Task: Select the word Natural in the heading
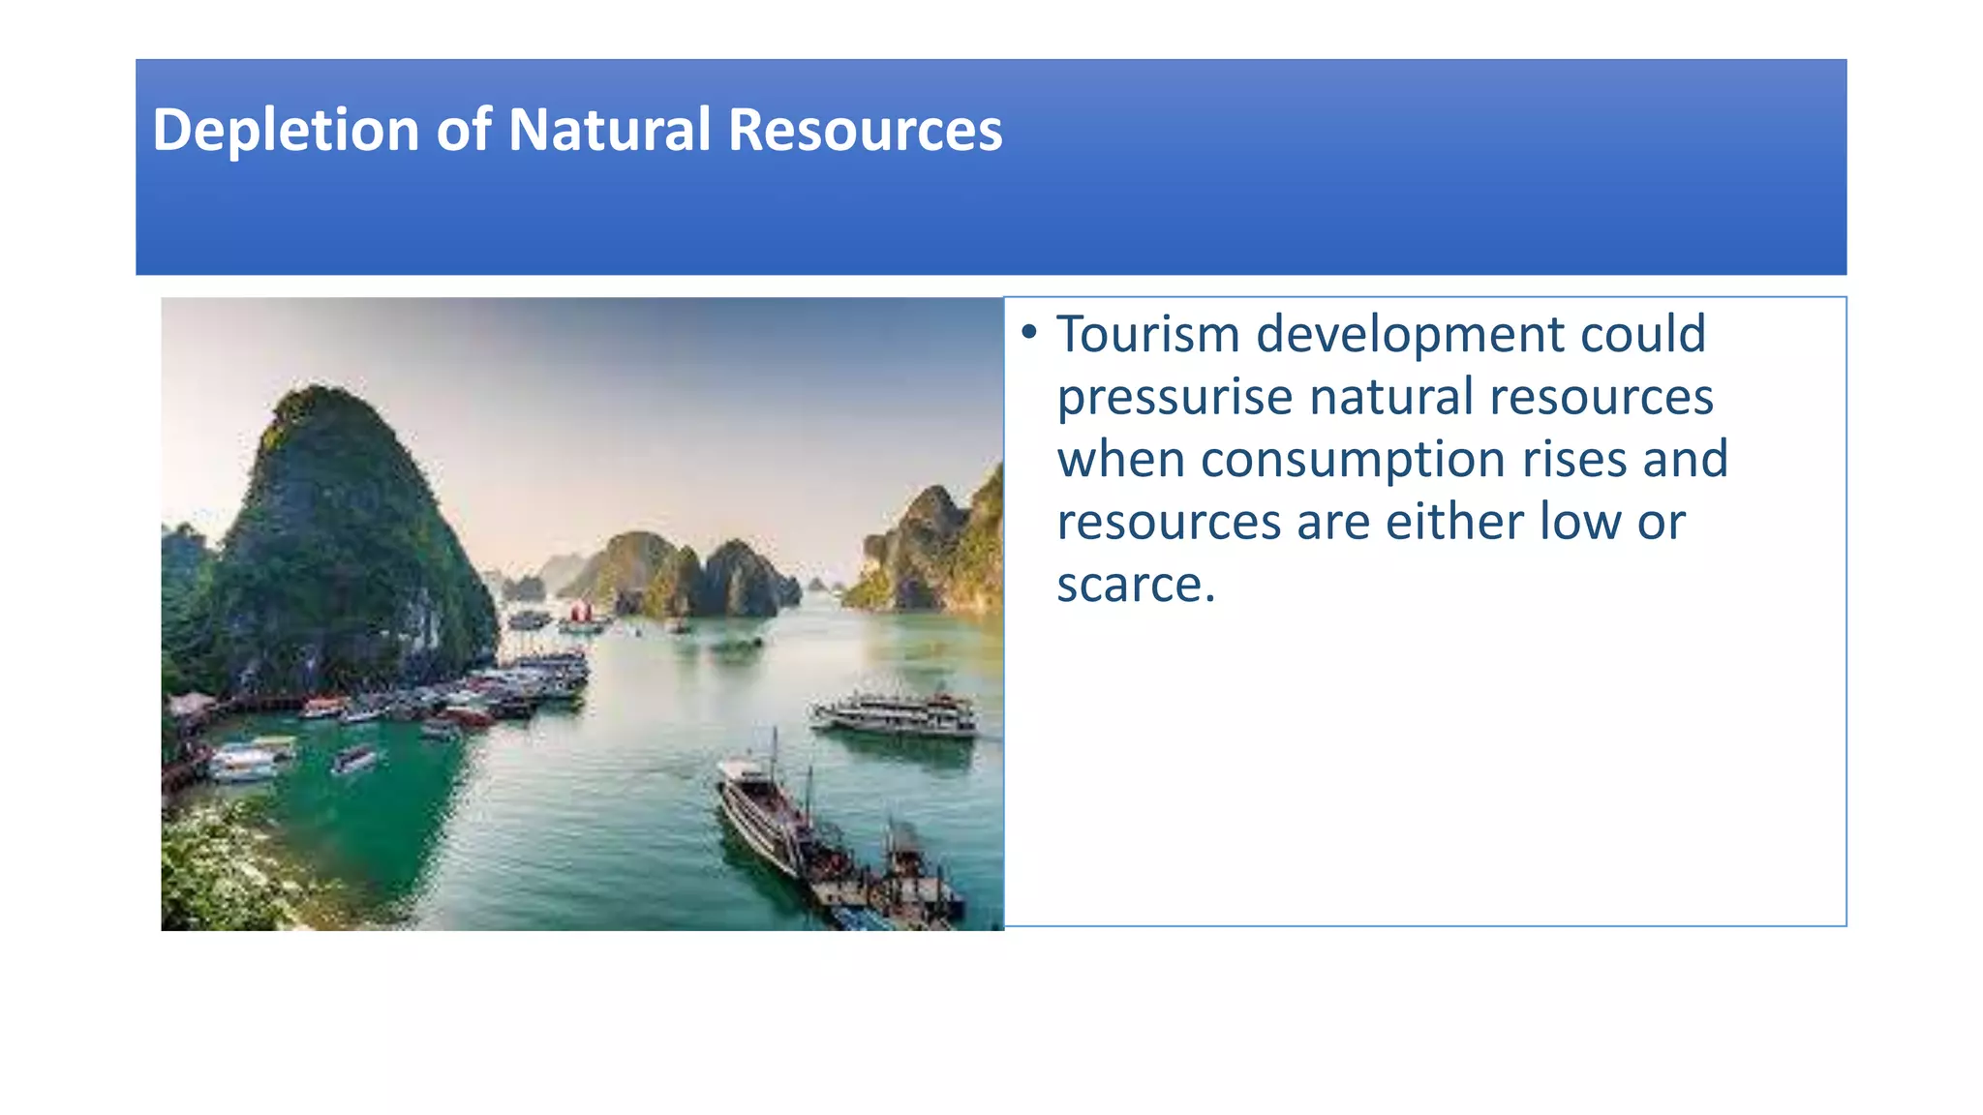609,129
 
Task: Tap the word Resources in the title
865,129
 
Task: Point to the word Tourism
1147,334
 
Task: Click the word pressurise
1175,398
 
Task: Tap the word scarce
1135,585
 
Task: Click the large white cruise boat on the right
897,714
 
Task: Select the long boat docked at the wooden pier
765,813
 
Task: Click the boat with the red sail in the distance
581,614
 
